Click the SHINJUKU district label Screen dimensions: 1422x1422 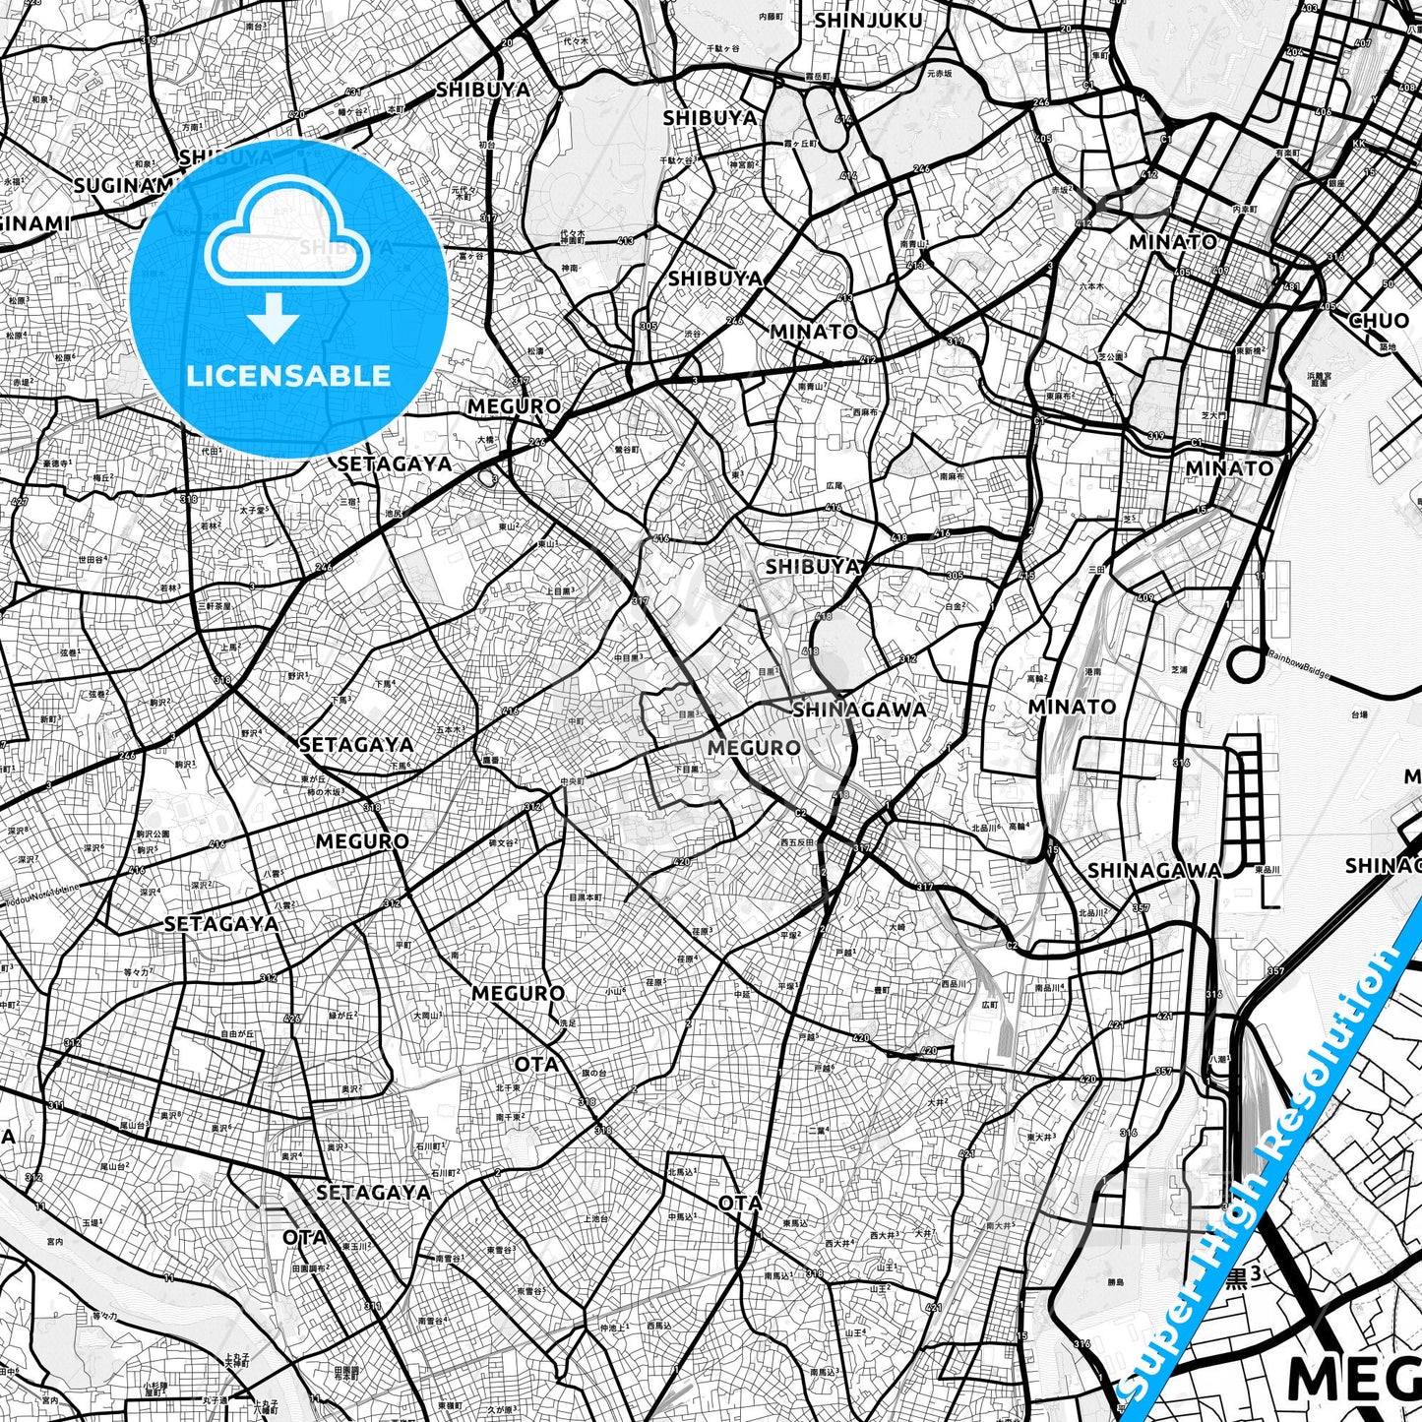point(869,21)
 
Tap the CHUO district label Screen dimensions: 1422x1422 point(1379,320)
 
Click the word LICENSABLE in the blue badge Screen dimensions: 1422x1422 point(288,376)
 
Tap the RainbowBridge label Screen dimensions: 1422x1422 point(1298,668)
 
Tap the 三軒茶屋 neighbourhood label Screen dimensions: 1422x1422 point(214,606)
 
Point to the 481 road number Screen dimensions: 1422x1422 point(1292,287)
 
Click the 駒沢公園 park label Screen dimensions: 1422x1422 point(154,834)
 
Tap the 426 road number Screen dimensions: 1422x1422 point(291,1019)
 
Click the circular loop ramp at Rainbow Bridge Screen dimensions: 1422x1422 point(1245,663)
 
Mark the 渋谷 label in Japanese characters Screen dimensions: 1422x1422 point(693,334)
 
